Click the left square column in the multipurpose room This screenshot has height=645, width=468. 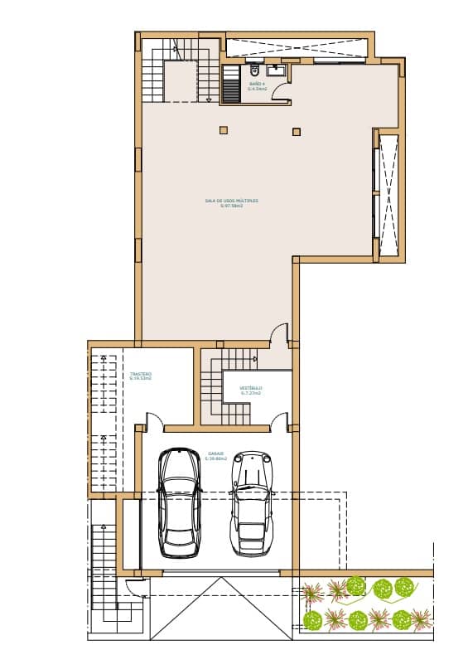click(223, 129)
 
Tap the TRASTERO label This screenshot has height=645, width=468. click(141, 376)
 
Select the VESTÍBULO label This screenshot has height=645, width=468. click(251, 390)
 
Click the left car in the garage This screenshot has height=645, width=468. click(180, 502)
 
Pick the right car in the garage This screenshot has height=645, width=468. click(251, 502)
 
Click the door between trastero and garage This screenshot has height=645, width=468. click(153, 421)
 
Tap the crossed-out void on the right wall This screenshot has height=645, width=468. click(387, 194)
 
